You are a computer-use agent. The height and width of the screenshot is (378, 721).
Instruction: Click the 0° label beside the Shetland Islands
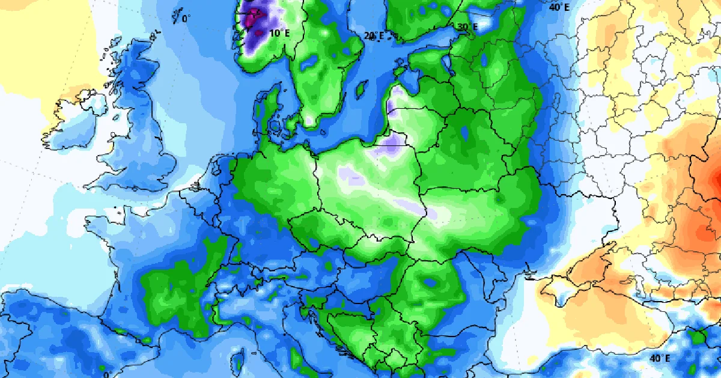click(186, 19)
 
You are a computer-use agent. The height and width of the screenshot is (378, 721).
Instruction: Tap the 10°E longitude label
click(279, 34)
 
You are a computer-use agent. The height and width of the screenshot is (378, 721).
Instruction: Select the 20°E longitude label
click(374, 36)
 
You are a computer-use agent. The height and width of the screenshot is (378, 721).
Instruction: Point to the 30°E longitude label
click(467, 27)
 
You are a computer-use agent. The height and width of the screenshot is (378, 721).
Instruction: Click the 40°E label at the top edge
click(559, 7)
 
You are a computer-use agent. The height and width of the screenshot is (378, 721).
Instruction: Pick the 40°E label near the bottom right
click(660, 358)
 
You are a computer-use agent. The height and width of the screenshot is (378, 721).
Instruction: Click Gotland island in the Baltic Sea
click(361, 89)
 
